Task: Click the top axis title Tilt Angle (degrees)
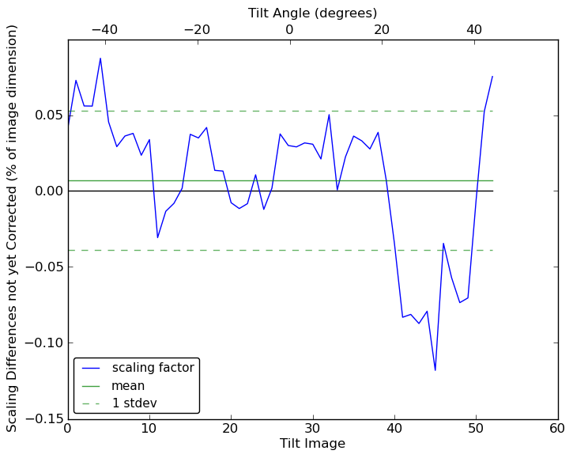[x=312, y=13]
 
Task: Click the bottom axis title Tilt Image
[x=312, y=444]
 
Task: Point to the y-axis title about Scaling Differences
[x=13, y=228]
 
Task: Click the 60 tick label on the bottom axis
[x=557, y=429]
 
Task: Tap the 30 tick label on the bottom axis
[x=312, y=429]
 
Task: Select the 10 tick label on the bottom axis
[x=149, y=429]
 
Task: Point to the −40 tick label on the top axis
[x=104, y=30]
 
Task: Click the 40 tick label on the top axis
[x=474, y=30]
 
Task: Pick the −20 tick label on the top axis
[x=196, y=30]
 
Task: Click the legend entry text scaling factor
[x=153, y=368]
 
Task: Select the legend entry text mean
[x=128, y=386]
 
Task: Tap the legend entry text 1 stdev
[x=134, y=403]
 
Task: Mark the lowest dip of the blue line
[x=435, y=370]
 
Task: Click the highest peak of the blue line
[x=100, y=58]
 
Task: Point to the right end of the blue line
[x=492, y=76]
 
